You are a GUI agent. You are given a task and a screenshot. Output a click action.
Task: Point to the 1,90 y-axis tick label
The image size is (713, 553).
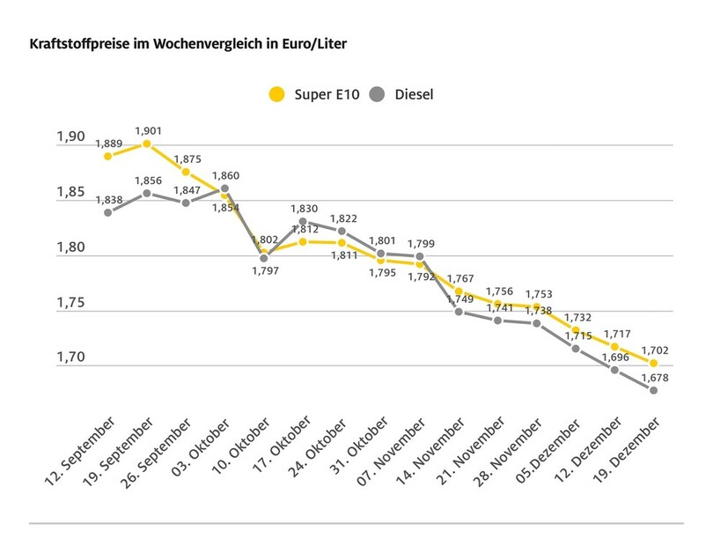pyautogui.click(x=71, y=137)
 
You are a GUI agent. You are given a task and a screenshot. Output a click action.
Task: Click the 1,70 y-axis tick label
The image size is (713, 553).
pyautogui.click(x=71, y=358)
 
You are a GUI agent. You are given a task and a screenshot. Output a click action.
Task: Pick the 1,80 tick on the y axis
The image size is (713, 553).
pyautogui.click(x=71, y=248)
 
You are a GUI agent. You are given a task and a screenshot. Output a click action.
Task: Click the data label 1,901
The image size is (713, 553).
pyautogui.click(x=147, y=130)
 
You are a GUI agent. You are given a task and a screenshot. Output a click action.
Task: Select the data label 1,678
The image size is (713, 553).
pyautogui.click(x=654, y=377)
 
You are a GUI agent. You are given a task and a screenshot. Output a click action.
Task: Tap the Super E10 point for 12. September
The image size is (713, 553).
pyautogui.click(x=108, y=156)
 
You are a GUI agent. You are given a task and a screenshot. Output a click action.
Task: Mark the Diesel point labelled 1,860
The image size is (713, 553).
pyautogui.click(x=224, y=188)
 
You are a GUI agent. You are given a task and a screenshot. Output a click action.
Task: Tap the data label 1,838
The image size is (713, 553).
pyautogui.click(x=108, y=200)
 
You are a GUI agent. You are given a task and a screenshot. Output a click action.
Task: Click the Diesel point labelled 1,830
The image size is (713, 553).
pyautogui.click(x=303, y=222)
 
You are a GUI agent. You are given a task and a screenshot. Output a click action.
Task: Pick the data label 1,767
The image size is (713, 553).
pyautogui.click(x=459, y=279)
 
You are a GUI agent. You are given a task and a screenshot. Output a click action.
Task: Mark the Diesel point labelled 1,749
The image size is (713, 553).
pyautogui.click(x=459, y=312)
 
